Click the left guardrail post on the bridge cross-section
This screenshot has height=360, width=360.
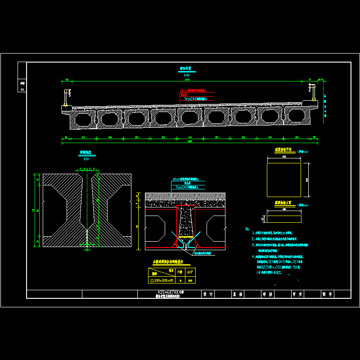click(x=67, y=98)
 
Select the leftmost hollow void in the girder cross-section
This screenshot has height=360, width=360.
click(x=83, y=120)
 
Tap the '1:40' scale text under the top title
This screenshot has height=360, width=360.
click(x=186, y=75)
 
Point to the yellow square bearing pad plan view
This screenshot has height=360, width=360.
click(x=284, y=180)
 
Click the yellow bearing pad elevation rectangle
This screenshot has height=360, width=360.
click(x=284, y=219)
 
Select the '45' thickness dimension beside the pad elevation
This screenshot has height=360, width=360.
click(x=262, y=219)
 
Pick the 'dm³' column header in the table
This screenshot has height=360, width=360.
click(x=190, y=272)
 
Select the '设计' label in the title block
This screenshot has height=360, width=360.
click(x=208, y=294)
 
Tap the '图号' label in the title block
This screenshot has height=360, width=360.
click(x=327, y=294)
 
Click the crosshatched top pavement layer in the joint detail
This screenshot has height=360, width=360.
click(x=185, y=197)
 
